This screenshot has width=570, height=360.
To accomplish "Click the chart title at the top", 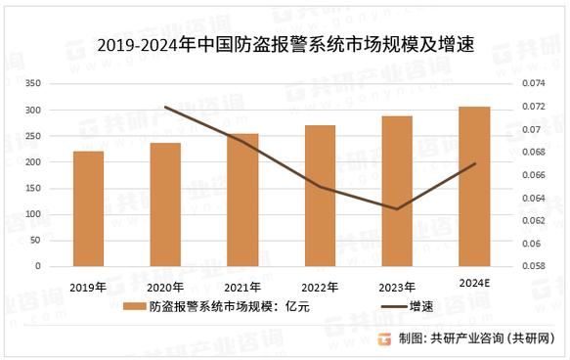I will coord(285,43).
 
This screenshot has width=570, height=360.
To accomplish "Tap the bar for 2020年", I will coord(165,204).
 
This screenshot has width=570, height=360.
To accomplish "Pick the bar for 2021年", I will coord(242,200).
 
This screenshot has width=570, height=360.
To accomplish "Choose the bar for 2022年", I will coord(320,196).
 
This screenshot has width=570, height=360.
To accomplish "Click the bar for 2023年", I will coord(397,191).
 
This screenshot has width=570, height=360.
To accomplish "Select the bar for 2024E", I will coord(474,186).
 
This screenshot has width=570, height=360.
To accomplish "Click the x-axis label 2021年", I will coord(241,287).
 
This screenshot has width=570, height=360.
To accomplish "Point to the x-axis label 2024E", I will coord(474,283).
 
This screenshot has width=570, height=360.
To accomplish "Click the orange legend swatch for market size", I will coord(135,306).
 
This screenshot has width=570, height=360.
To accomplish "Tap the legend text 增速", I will coord(421,306).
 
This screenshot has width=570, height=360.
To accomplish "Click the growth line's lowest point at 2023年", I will coord(397,208).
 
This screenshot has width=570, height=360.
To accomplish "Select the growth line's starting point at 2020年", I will coord(165,107).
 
